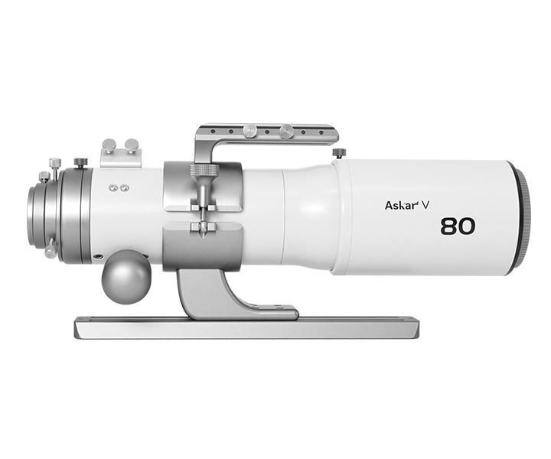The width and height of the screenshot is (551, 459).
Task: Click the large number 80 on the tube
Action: pos(458,226)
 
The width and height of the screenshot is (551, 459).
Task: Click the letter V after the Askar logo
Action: pos(425,206)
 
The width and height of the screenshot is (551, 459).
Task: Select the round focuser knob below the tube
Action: pos(126,277)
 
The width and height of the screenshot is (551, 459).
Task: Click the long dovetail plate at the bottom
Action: pos(246,328)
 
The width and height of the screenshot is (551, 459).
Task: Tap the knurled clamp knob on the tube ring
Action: pos(204,171)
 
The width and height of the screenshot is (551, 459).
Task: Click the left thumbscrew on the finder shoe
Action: pos(109,145)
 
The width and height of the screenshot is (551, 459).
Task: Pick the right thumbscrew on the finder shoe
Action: pos(132,145)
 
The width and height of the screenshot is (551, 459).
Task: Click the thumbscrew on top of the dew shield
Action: pos(339,153)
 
